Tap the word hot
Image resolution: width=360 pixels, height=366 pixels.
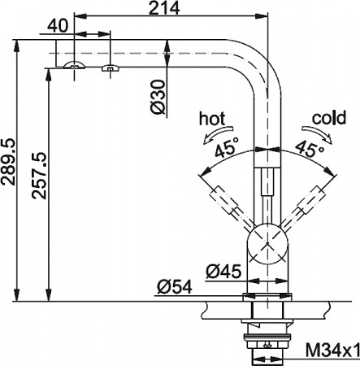pos(213,120)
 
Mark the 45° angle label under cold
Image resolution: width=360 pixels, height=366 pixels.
pos(306,149)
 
